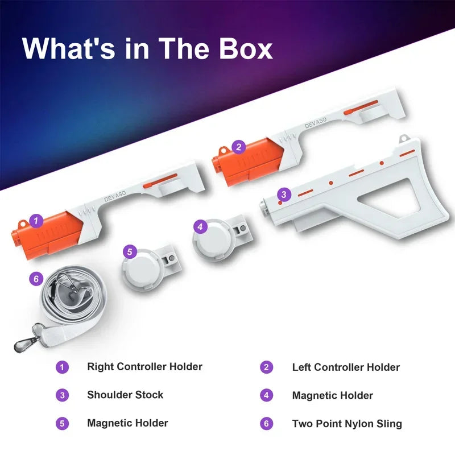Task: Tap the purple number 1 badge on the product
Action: tap(36, 220)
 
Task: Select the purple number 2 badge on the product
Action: tap(239, 147)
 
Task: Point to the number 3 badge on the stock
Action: tap(284, 195)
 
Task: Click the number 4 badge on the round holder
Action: tap(199, 226)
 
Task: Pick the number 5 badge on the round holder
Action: tap(130, 251)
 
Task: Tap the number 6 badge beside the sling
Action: tap(36, 279)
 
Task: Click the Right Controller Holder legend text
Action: tap(144, 367)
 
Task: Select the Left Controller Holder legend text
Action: tap(346, 367)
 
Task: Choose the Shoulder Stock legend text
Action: tap(125, 395)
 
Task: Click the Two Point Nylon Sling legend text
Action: tap(347, 424)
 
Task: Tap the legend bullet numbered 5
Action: tap(62, 424)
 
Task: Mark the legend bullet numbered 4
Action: tap(267, 395)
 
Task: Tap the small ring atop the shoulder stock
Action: tap(403, 138)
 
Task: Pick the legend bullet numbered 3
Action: tap(62, 395)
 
